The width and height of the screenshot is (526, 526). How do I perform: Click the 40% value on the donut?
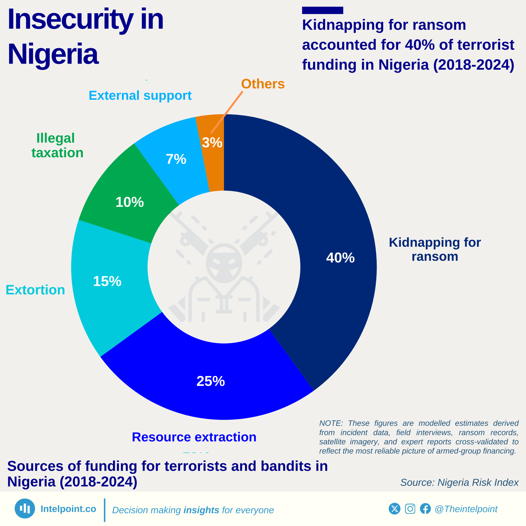340,257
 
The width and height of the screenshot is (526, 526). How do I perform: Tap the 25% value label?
210,381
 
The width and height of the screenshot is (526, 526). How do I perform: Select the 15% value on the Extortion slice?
107,281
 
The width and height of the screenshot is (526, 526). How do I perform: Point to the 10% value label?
130,202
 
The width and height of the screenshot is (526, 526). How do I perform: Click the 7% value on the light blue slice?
176,159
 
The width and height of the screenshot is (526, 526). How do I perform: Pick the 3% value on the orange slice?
212,142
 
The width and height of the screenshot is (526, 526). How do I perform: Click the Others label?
263,84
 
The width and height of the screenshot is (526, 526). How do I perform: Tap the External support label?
140,96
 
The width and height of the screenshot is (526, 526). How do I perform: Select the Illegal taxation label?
57,145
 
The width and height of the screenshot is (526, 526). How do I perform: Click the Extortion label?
35,290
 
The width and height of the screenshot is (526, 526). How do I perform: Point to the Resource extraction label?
194,437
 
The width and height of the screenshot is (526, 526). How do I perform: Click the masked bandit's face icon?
224,263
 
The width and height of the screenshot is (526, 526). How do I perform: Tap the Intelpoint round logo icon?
25,509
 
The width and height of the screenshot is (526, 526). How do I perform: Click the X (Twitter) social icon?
394,509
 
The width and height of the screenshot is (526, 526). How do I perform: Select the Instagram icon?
410,509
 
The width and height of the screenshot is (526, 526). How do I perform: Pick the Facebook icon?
425,509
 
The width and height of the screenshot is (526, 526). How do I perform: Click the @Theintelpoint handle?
466,509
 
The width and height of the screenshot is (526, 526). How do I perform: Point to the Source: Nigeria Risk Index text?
459,482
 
